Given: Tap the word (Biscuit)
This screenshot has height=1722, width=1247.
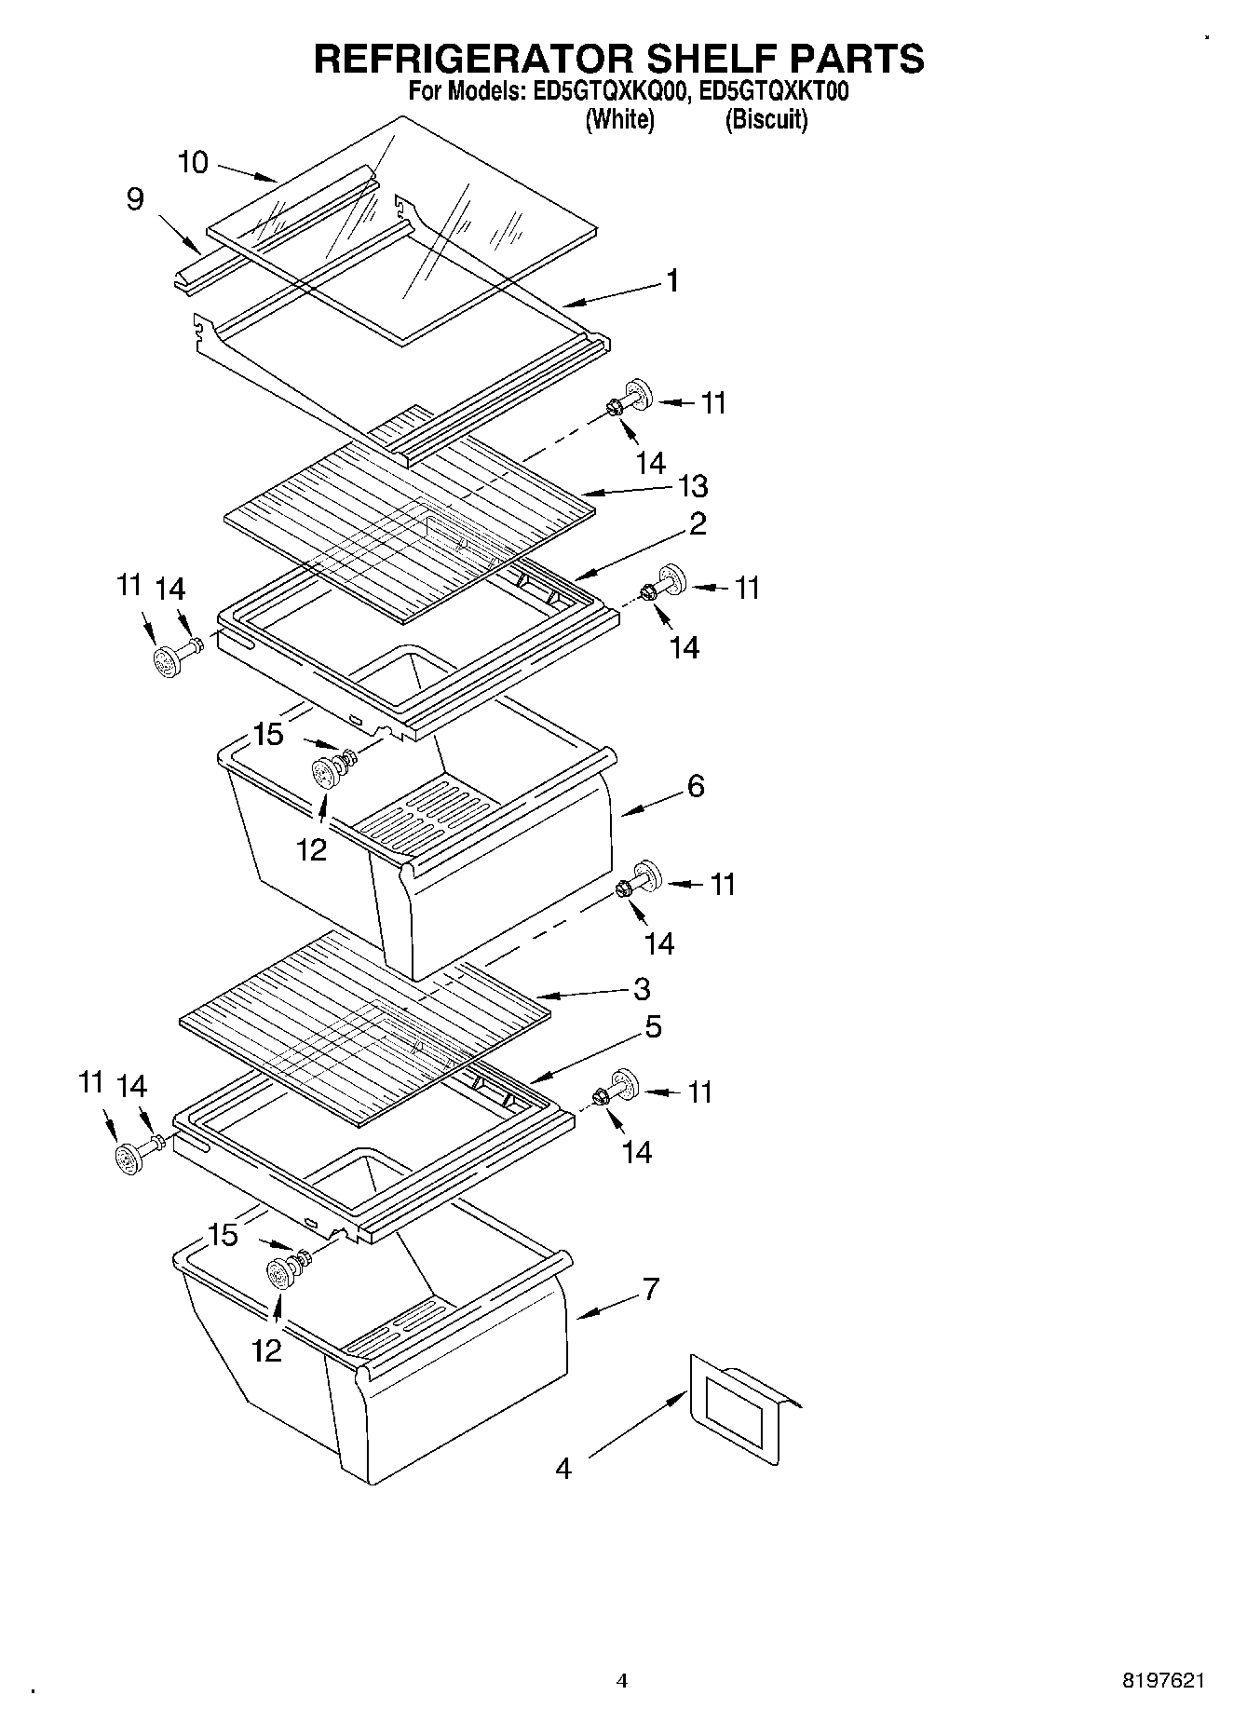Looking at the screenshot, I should [x=766, y=120].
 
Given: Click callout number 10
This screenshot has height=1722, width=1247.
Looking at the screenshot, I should [x=193, y=162].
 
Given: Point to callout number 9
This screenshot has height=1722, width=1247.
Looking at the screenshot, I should [x=135, y=199].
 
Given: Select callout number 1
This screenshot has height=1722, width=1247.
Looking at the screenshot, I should [x=672, y=280].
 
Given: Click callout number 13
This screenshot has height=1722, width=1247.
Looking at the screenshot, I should [x=693, y=485].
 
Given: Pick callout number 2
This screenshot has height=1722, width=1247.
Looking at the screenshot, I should [x=698, y=523].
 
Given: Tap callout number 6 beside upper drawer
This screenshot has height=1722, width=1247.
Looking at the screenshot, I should [x=695, y=786].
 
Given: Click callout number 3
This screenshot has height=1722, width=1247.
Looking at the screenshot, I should [x=642, y=988].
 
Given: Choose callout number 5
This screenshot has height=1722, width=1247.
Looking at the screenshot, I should [x=653, y=1026].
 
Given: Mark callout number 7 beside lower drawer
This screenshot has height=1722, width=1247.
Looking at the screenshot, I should [x=650, y=1289].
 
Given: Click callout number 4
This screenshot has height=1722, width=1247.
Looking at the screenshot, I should [x=563, y=1469].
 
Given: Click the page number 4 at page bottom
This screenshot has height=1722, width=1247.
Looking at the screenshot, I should [x=622, y=1681].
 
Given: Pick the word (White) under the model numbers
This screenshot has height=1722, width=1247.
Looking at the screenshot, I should [x=619, y=120].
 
